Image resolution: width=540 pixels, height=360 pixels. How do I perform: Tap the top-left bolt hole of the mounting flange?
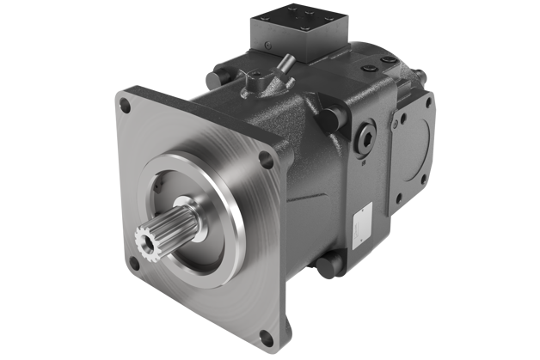pos(126,107)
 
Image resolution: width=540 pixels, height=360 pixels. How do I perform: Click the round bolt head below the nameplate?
pos(326,264)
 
